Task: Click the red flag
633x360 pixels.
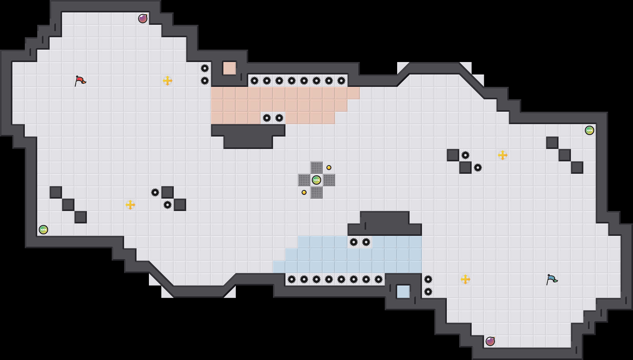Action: [80, 81]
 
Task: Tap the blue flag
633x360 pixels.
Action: [552, 279]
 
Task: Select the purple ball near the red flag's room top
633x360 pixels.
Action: [143, 19]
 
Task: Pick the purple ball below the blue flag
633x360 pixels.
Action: [490, 341]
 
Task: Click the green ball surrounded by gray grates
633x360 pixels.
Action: [316, 180]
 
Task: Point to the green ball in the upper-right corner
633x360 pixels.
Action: [590, 130]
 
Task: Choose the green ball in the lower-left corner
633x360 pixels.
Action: [43, 230]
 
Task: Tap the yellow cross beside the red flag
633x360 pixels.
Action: [168, 81]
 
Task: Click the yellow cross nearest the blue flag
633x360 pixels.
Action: [465, 279]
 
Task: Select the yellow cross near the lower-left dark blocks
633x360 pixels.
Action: [130, 205]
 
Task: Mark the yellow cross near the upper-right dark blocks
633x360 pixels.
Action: [503, 155]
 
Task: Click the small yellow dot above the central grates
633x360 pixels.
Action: [329, 168]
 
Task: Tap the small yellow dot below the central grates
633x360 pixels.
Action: [304, 192]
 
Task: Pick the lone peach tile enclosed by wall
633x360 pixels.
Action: [230, 68]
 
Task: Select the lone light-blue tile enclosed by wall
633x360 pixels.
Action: [403, 292]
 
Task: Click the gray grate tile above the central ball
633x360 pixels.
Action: [316, 168]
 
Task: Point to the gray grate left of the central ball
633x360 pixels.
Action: [304, 180]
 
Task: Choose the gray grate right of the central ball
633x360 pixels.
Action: [329, 180]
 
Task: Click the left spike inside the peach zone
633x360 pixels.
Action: [267, 118]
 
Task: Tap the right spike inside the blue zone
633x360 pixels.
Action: [366, 242]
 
